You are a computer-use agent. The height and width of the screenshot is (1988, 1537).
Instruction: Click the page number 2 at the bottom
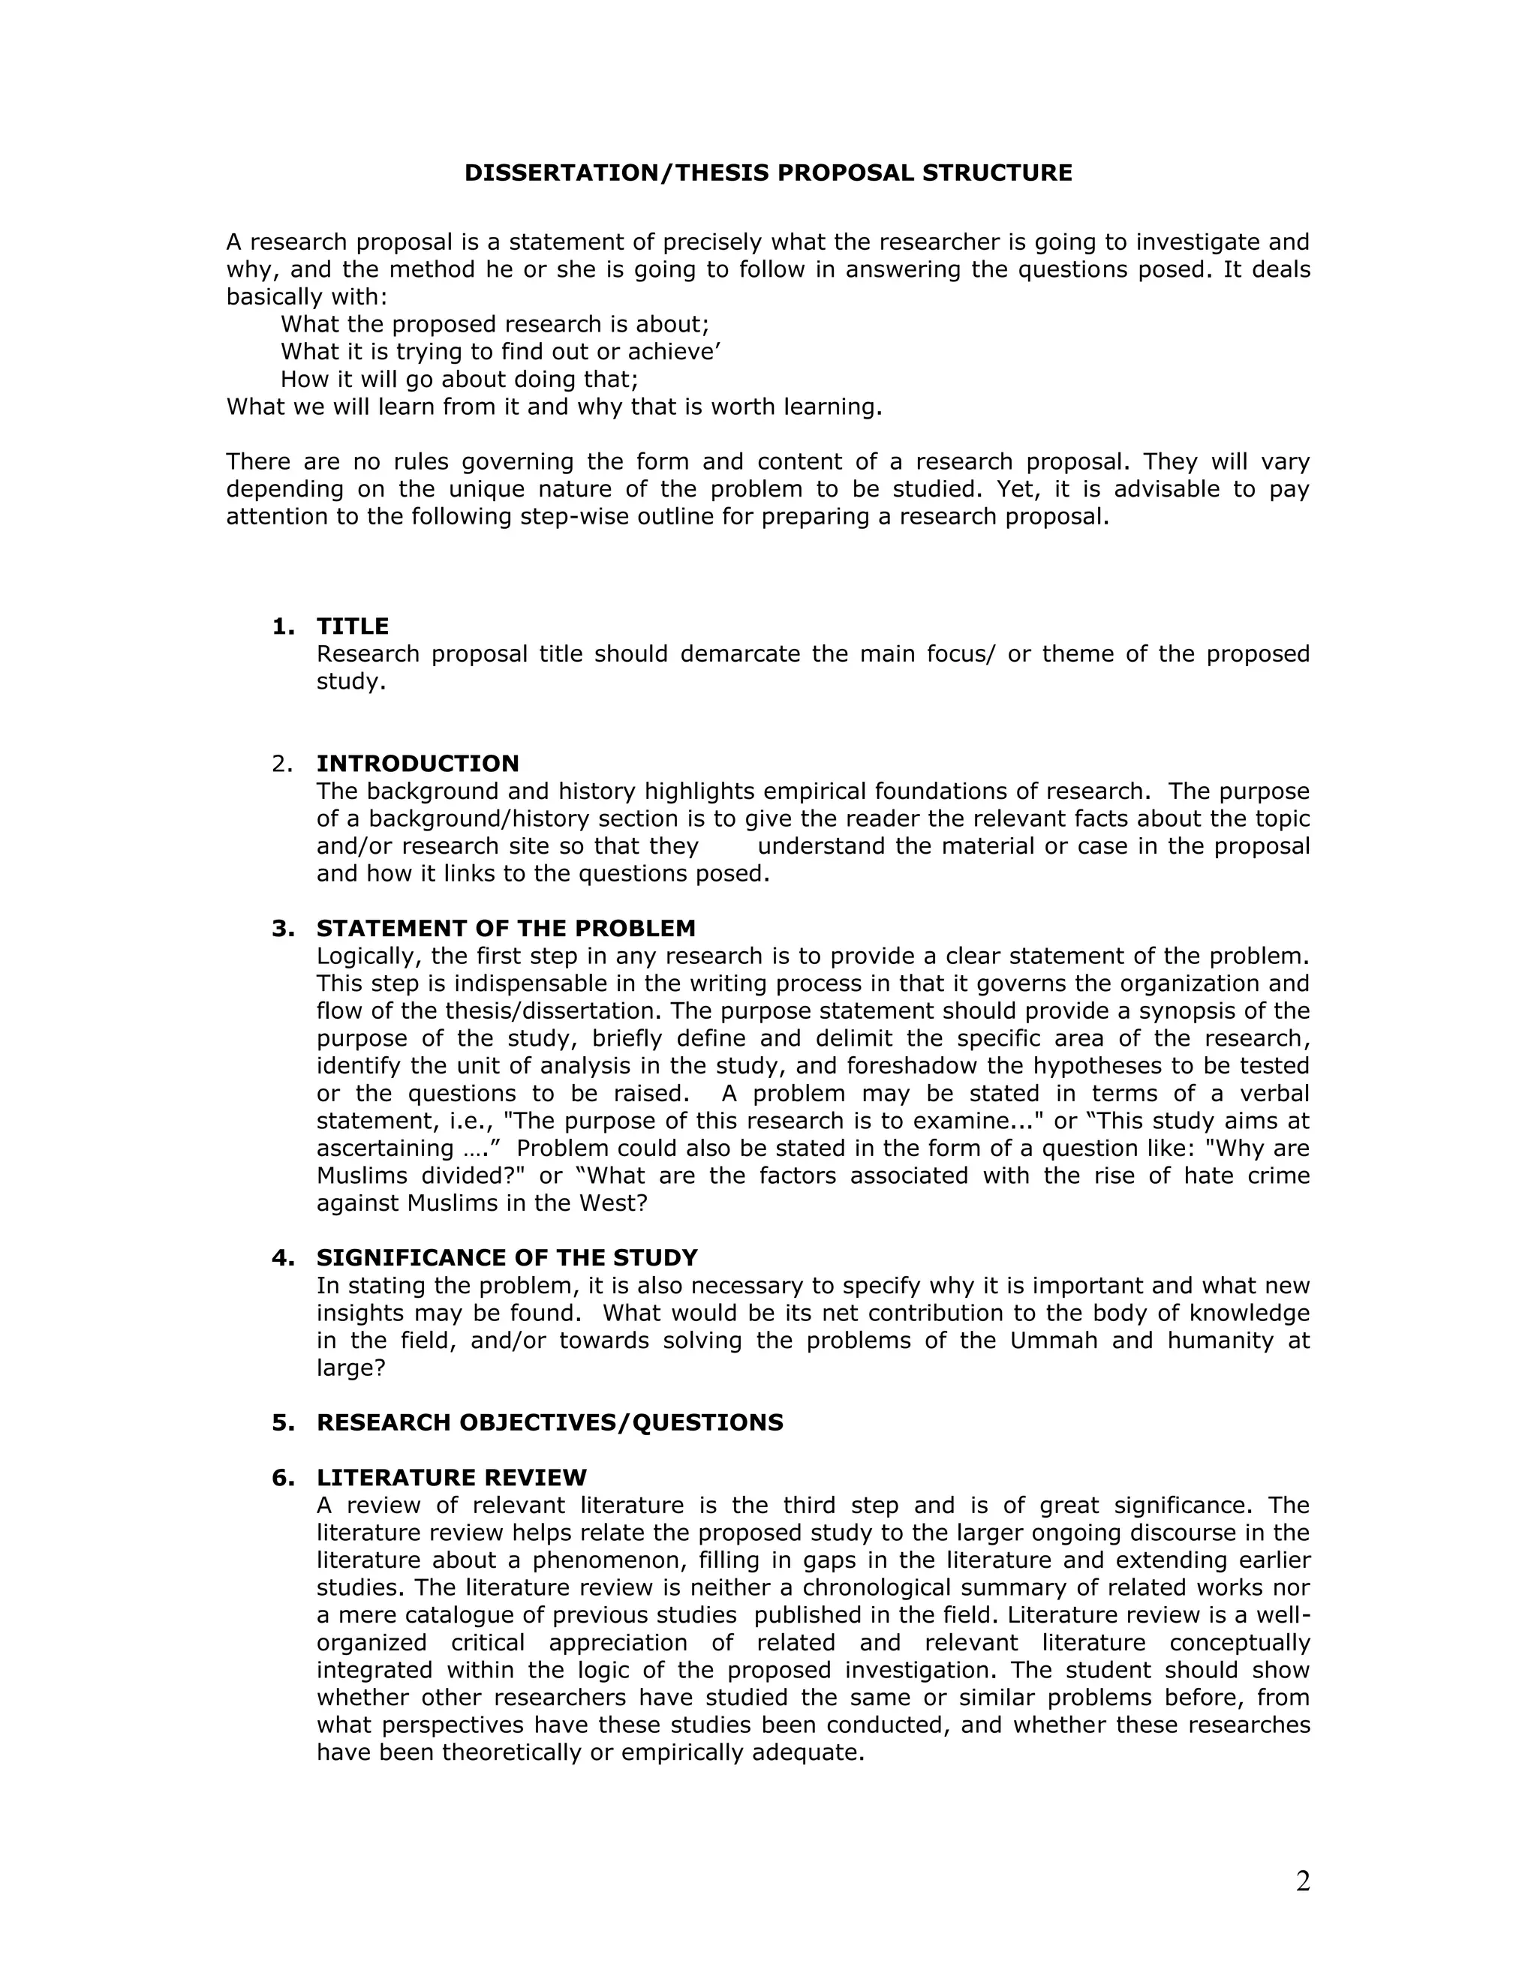[1303, 1881]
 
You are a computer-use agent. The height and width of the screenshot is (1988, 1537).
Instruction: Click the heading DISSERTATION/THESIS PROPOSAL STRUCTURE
[768, 173]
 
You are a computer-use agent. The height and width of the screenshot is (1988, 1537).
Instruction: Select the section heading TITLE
[353, 626]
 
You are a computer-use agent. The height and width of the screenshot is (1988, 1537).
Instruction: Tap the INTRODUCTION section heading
[417, 763]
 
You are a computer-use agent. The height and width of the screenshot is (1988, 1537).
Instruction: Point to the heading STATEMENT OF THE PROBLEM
[505, 929]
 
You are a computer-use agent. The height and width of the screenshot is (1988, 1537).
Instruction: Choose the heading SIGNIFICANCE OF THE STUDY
[507, 1258]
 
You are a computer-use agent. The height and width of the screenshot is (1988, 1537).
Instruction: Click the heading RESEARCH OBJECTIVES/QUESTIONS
[549, 1422]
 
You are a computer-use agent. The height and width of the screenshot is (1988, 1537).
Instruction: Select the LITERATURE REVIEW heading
[452, 1477]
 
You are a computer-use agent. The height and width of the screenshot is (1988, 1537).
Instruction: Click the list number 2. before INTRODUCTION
[282, 763]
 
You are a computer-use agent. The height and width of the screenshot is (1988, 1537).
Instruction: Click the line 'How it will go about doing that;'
[459, 380]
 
